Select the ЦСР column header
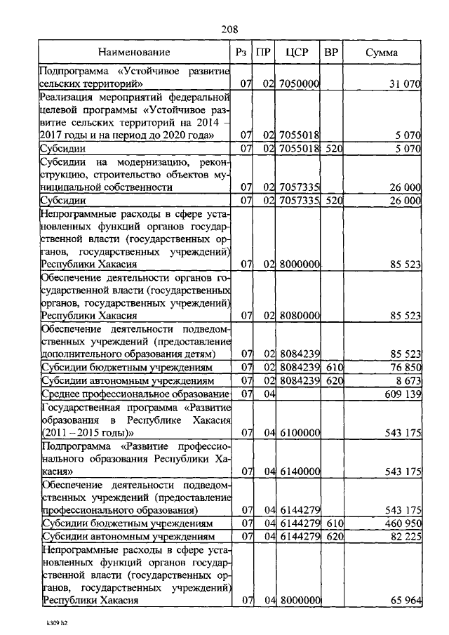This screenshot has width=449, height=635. (x=297, y=53)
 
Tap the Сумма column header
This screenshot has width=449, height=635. (x=382, y=53)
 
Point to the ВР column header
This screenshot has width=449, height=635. (x=331, y=53)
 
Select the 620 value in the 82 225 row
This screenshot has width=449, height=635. (x=333, y=537)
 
